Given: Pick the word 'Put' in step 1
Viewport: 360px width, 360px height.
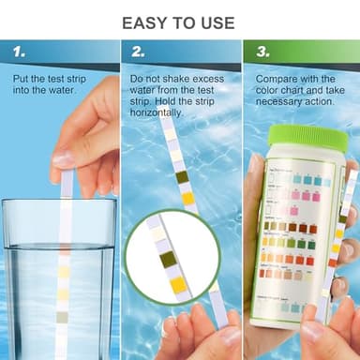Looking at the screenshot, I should point(21,79).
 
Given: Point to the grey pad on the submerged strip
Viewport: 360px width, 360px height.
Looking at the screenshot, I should point(63,317).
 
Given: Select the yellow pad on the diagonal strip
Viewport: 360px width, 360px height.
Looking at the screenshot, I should point(187,198).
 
